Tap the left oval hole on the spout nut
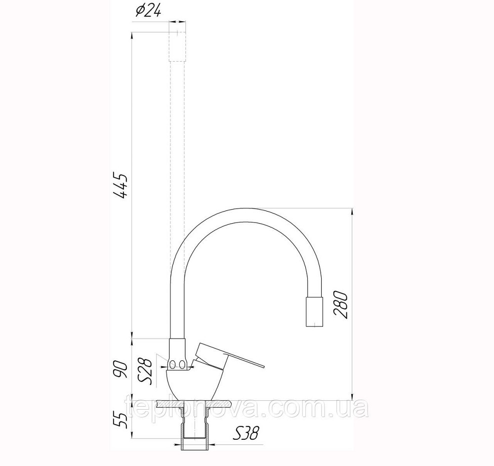(x=172, y=365)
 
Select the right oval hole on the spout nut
(x=183, y=365)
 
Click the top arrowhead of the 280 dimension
(x=351, y=212)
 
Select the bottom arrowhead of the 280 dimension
(x=351, y=397)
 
